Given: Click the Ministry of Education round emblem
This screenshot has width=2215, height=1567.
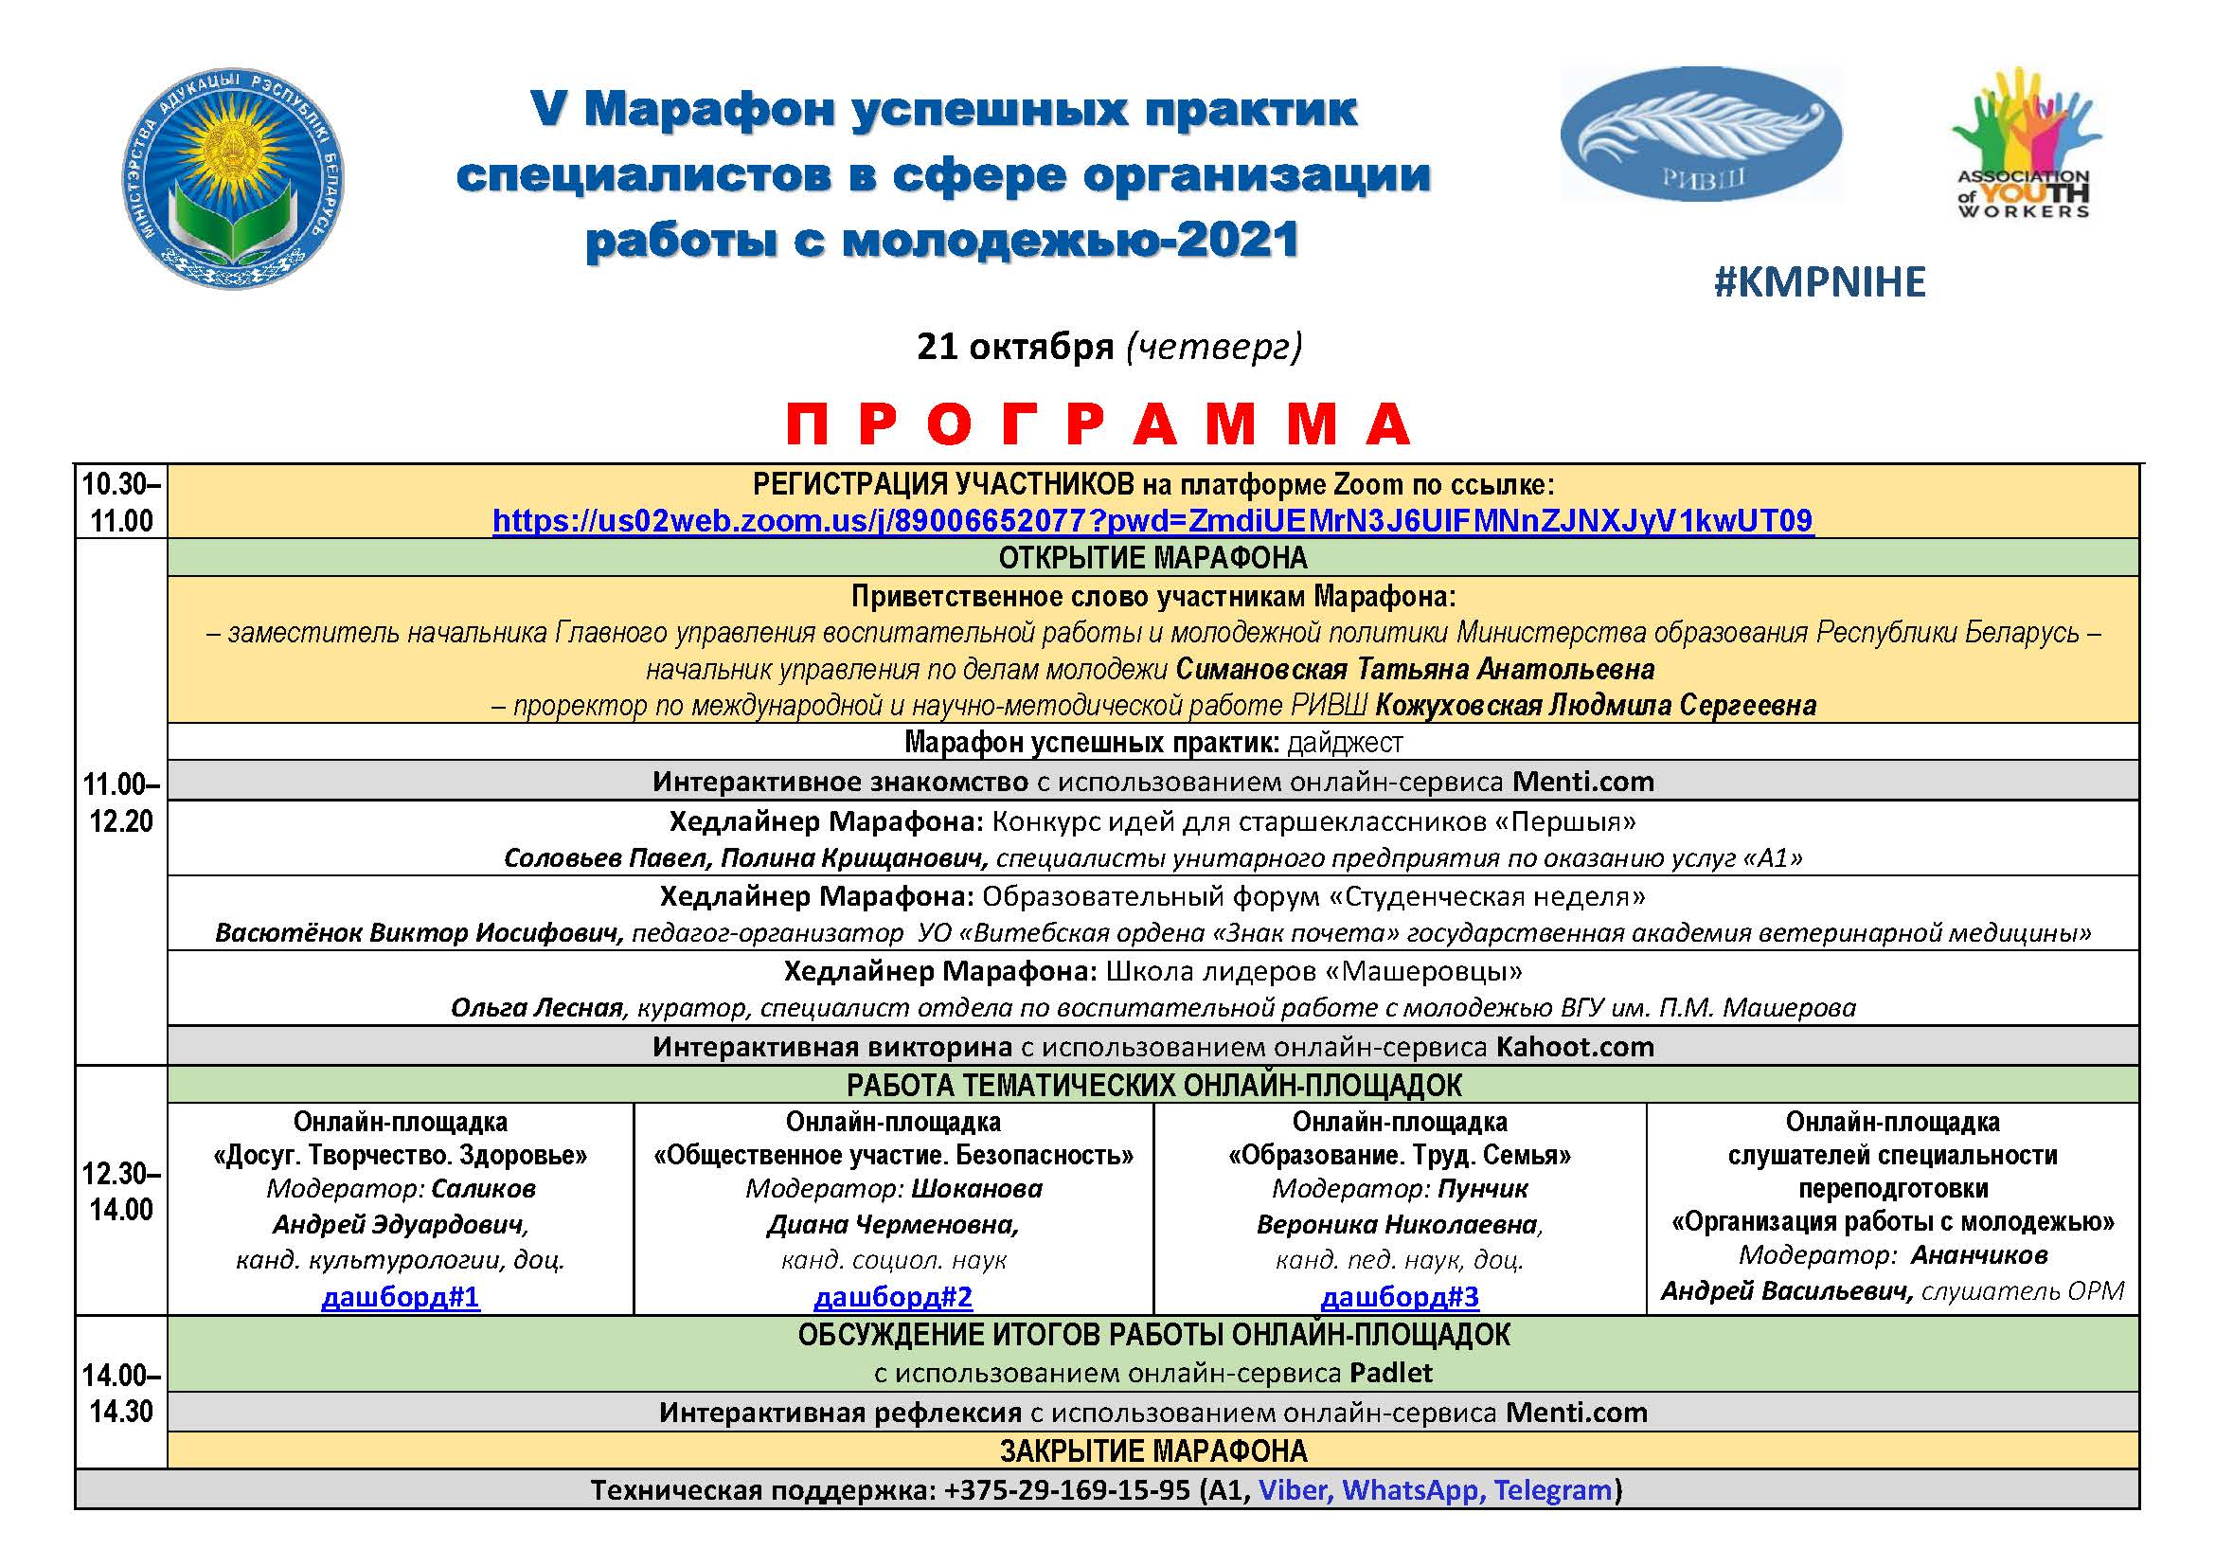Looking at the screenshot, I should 234,180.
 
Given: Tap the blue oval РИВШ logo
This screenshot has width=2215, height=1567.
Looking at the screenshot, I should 1701,135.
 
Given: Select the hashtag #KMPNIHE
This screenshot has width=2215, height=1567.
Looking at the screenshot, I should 1819,281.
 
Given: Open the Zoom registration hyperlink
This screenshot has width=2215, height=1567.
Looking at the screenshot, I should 1152,521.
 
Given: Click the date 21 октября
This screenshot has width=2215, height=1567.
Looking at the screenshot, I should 1015,346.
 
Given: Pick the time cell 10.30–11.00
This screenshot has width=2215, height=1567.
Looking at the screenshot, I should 121,502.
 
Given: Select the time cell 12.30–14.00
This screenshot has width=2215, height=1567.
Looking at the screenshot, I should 121,1191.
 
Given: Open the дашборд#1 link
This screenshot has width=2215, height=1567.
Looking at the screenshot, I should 401,1296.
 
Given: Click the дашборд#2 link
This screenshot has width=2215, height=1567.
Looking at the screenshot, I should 893,1296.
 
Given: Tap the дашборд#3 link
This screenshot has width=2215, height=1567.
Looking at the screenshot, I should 1399,1296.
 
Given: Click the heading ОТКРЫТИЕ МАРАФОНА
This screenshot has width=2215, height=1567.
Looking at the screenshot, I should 1152,558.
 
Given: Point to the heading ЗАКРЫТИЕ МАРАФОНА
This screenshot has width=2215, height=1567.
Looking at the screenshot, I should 1152,1450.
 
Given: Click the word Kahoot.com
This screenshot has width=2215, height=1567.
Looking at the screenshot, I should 1575,1047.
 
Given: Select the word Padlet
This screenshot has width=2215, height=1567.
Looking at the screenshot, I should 1391,1372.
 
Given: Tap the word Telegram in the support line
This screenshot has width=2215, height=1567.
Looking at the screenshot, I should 1553,1490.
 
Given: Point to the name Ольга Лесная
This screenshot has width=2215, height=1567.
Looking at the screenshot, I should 536,1008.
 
